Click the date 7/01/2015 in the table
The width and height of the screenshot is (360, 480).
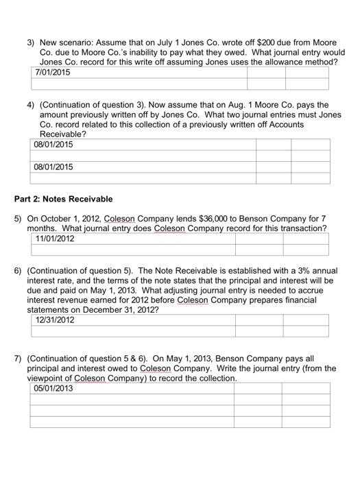[x=53, y=72]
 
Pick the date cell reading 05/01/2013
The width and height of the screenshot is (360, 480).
[x=56, y=389]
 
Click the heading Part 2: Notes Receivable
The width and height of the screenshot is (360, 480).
[x=64, y=199]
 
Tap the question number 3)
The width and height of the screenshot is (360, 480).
[x=31, y=33]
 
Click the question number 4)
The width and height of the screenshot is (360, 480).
[x=31, y=106]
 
